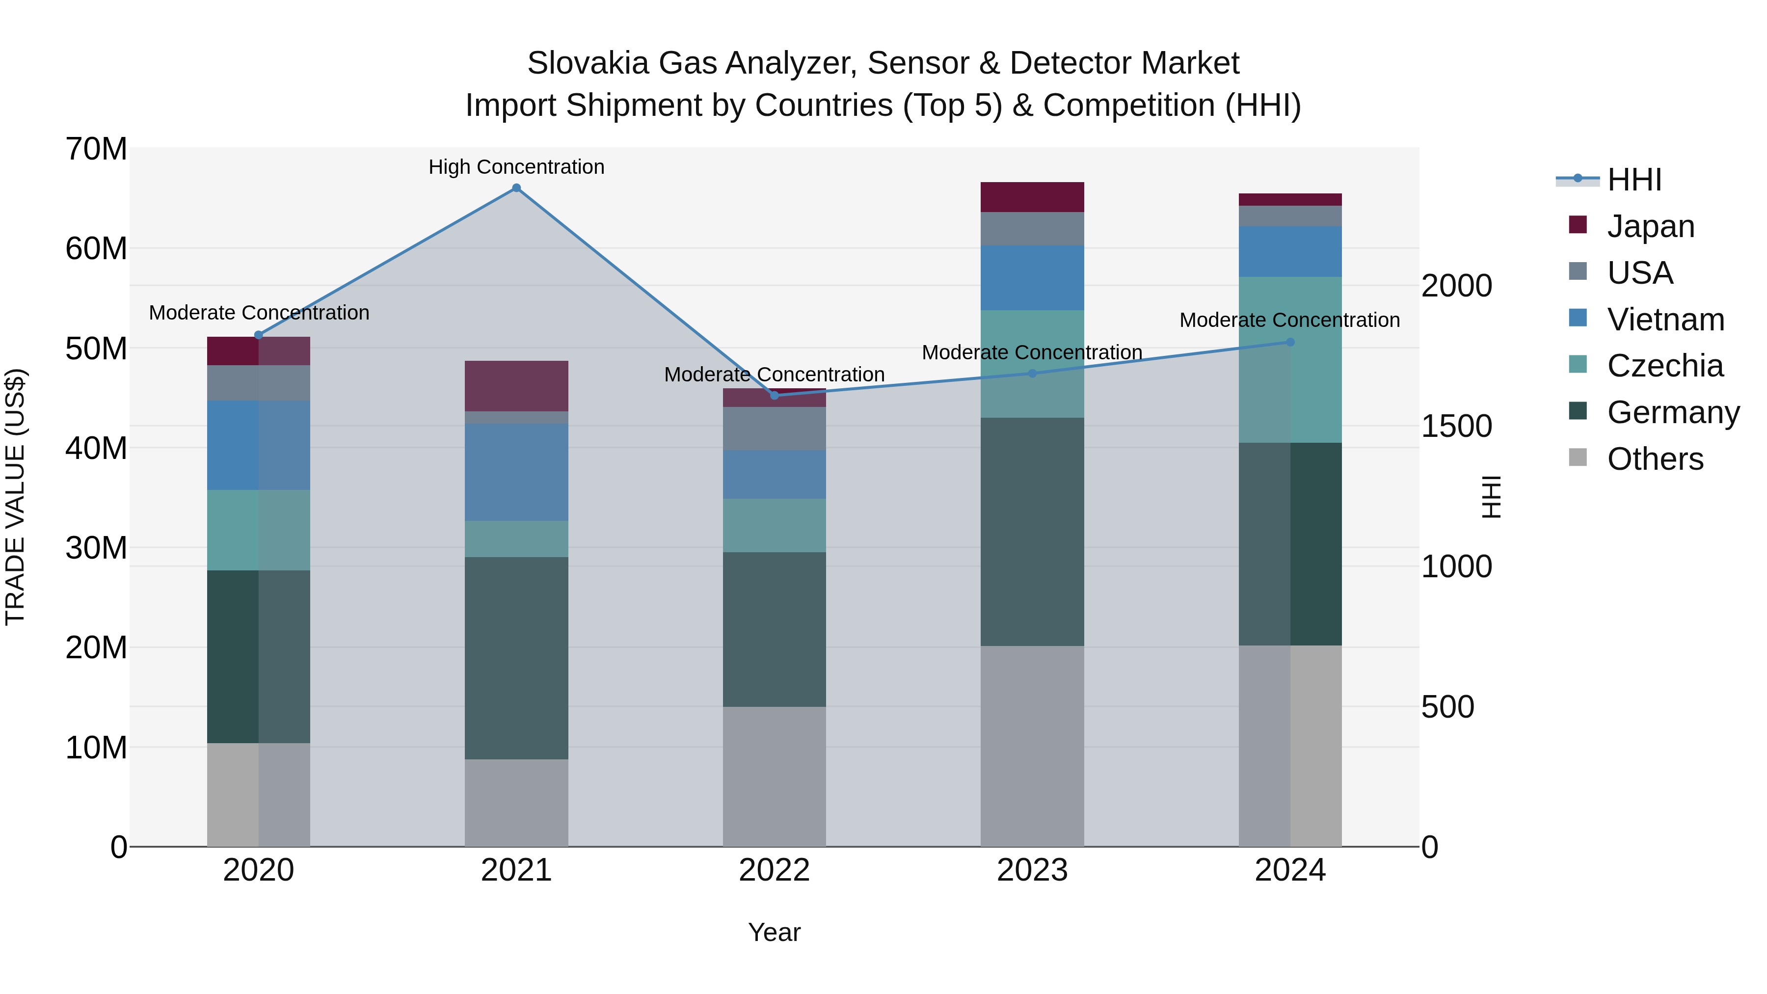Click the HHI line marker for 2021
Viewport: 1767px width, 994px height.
pyautogui.click(x=516, y=188)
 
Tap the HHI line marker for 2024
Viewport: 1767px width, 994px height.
pyautogui.click(x=1290, y=342)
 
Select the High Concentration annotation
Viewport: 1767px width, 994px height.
pyautogui.click(x=516, y=167)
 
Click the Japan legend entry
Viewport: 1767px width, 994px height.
pyautogui.click(x=1650, y=226)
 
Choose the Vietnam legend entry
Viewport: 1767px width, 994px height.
pyautogui.click(x=1665, y=320)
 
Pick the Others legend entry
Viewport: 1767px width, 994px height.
pyautogui.click(x=1655, y=459)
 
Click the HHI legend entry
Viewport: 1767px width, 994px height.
pyautogui.click(x=1634, y=180)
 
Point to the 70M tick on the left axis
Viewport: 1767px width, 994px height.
pyautogui.click(x=96, y=149)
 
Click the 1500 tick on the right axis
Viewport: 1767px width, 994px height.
pyautogui.click(x=1456, y=427)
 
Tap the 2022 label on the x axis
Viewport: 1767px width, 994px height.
pyautogui.click(x=775, y=870)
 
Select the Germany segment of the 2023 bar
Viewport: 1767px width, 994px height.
pyautogui.click(x=1032, y=532)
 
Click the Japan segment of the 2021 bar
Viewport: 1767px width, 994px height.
pyautogui.click(x=516, y=385)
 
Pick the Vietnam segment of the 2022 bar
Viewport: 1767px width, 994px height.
pyautogui.click(x=775, y=474)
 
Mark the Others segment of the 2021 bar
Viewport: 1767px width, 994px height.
pyautogui.click(x=516, y=803)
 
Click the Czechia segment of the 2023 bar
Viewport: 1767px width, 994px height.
pyautogui.click(x=1032, y=364)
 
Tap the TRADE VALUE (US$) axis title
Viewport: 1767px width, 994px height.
pyautogui.click(x=15, y=497)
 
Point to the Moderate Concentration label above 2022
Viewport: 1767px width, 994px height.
pyautogui.click(x=775, y=375)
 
